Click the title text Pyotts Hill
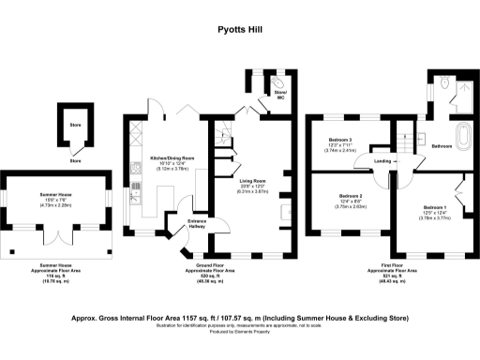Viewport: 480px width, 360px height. tap(239, 31)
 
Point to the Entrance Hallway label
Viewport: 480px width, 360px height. tap(199, 222)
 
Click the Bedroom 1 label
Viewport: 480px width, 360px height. tap(435, 206)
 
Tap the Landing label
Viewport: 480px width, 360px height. tap(383, 161)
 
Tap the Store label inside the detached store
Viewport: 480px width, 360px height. tap(75, 124)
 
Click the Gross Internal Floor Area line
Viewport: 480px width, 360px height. tap(239, 318)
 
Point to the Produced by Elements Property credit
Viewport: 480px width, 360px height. tap(239, 333)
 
